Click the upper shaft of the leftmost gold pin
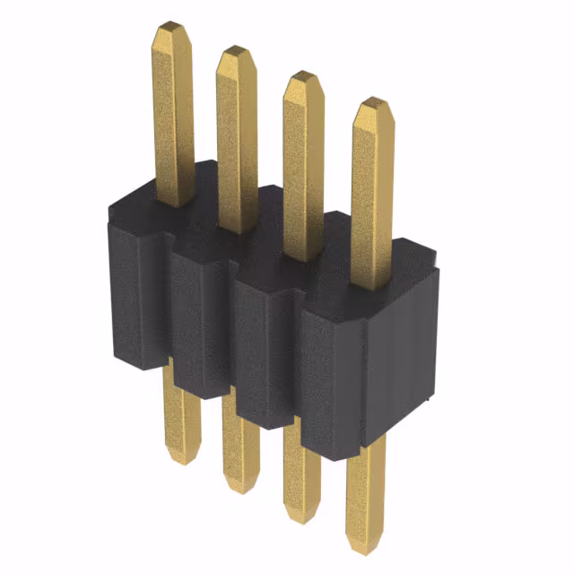tap(172, 117)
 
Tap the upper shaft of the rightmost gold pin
tap(372, 197)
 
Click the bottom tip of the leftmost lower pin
tap(183, 457)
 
